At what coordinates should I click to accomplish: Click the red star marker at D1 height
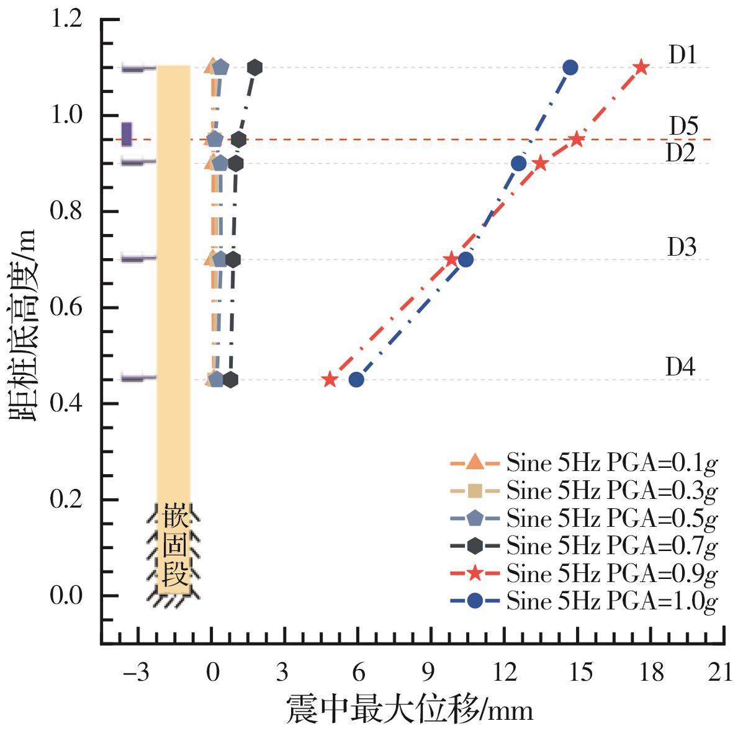[641, 67]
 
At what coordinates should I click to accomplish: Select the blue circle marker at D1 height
[570, 67]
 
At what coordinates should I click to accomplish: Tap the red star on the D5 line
[577, 139]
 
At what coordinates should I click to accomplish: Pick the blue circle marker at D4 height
[356, 379]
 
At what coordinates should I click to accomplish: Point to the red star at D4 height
[330, 379]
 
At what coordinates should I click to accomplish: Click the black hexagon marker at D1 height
[254, 67]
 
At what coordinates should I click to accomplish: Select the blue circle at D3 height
[466, 259]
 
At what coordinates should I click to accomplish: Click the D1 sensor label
[683, 56]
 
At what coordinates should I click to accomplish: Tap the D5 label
[683, 127]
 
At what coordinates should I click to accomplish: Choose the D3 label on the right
[682, 248]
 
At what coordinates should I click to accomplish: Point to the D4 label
[681, 367]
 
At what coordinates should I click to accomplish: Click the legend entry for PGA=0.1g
[583, 463]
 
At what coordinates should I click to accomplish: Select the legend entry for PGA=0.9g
[583, 573]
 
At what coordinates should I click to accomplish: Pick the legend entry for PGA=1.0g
[583, 601]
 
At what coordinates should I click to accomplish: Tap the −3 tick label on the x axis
[137, 672]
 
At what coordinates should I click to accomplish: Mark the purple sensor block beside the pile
[127, 133]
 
